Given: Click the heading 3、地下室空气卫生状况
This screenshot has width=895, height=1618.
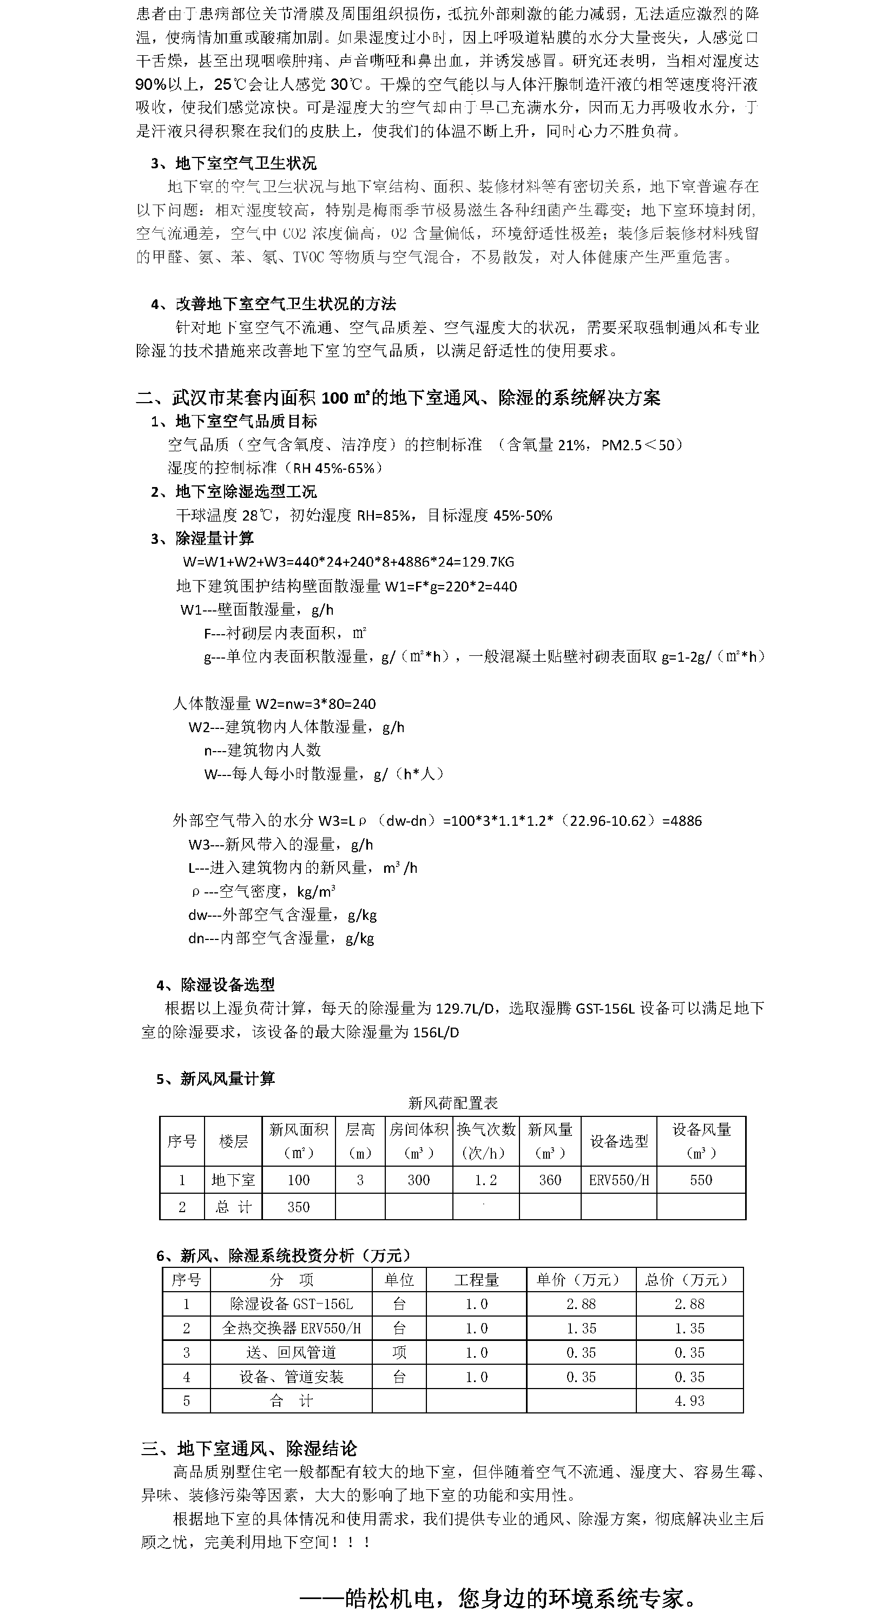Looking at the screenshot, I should [x=233, y=164].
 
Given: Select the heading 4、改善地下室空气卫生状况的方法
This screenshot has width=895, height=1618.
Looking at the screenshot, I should [x=273, y=305].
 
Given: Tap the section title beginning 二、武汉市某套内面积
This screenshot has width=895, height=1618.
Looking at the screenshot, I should [x=398, y=398].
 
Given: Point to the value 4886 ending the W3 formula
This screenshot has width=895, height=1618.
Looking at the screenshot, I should [x=685, y=821].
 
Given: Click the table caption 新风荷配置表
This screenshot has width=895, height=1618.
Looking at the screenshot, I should [x=452, y=1103].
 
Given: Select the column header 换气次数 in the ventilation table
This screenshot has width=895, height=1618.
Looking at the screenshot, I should [x=485, y=1130].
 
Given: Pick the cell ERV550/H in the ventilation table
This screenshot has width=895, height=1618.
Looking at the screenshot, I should [x=618, y=1180].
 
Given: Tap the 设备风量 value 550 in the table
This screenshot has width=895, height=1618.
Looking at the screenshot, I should [x=701, y=1180].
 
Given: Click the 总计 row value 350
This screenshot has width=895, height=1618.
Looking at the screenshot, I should [x=298, y=1207].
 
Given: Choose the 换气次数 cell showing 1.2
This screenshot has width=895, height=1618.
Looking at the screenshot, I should [x=485, y=1180].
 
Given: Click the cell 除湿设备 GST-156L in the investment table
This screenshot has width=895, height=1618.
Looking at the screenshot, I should [x=292, y=1305].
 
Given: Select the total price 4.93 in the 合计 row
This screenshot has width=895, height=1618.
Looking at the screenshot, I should [x=689, y=1400].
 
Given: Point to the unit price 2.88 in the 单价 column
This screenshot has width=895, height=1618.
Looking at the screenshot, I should [x=581, y=1305].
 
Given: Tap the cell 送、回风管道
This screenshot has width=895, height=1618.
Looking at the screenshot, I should [x=292, y=1352].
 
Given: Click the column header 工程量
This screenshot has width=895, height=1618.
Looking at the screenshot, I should [x=476, y=1280].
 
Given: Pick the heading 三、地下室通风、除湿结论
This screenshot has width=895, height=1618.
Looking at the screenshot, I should [x=249, y=1449].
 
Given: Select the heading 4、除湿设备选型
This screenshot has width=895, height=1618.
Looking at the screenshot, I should [x=215, y=984].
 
